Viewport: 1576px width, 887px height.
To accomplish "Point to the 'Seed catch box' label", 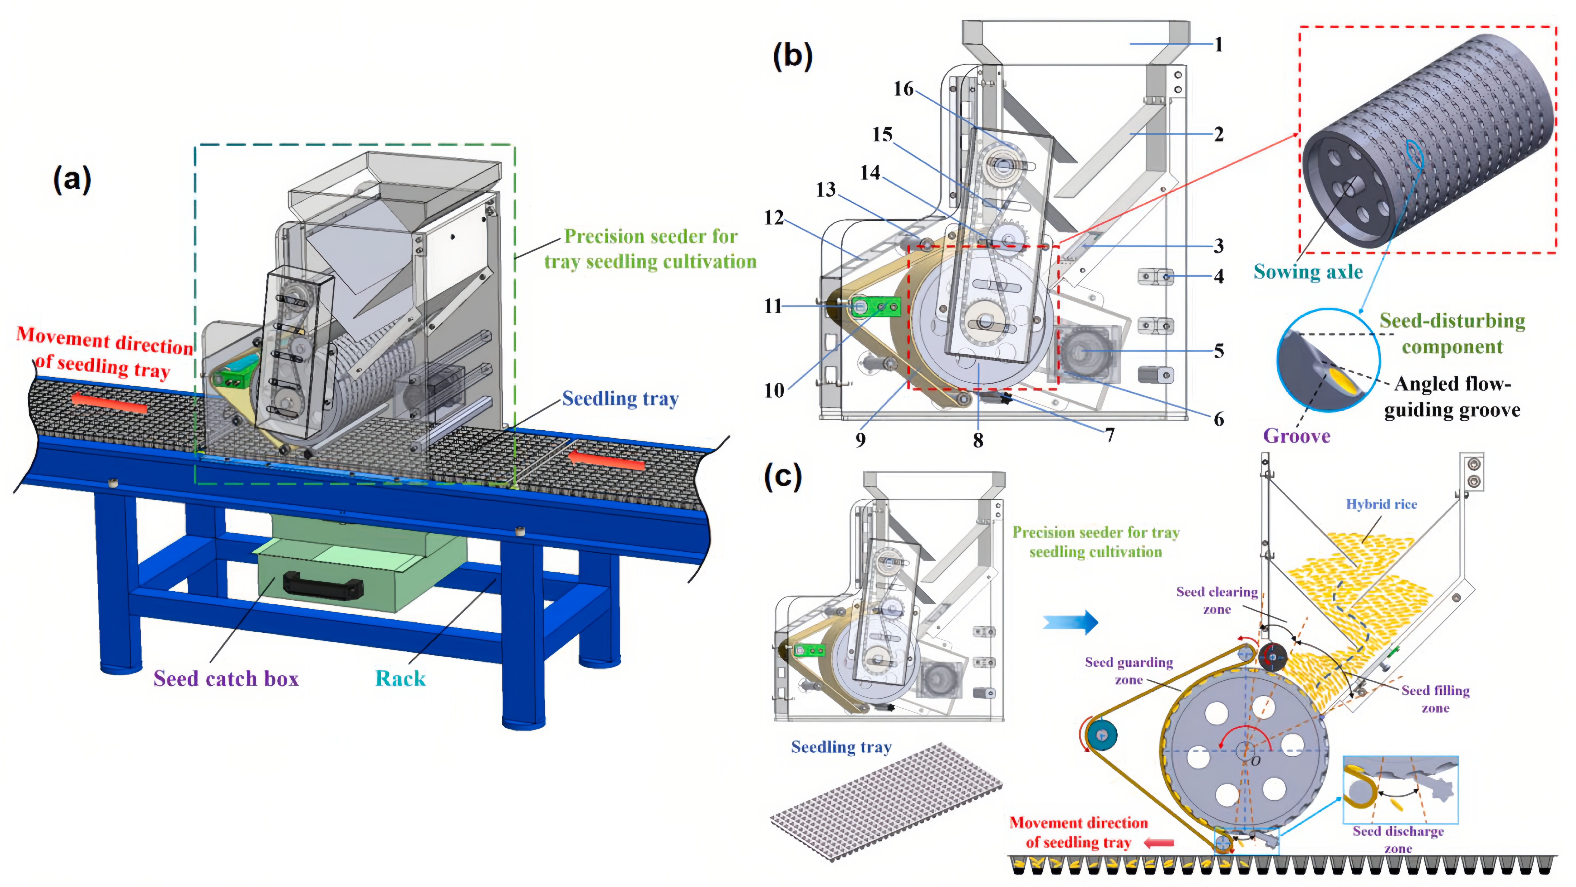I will [226, 678].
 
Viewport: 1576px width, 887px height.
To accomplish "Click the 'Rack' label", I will [400, 678].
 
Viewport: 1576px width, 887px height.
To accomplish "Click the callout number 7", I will [1109, 435].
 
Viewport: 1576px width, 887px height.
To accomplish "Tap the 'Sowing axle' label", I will [1308, 272].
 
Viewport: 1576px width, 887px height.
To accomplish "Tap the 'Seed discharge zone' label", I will [1398, 839].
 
